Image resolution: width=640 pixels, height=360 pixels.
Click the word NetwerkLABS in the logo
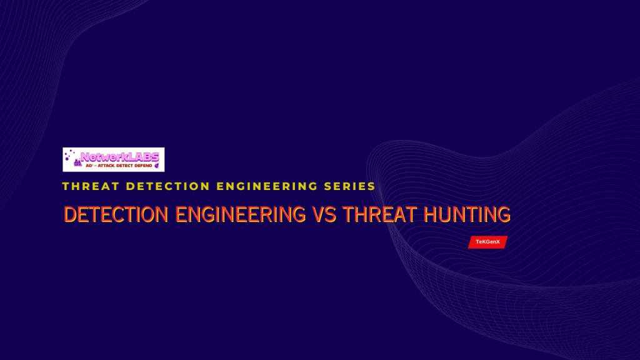tap(119, 157)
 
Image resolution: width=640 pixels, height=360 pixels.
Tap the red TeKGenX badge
tap(487, 242)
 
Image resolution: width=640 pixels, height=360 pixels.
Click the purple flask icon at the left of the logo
tap(77, 163)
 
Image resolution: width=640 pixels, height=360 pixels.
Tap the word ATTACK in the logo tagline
tap(106, 166)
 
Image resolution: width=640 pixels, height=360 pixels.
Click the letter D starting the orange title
tap(69, 215)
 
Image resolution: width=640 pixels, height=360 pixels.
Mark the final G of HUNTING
tap(504, 215)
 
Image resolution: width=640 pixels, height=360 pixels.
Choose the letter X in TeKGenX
tap(498, 242)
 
